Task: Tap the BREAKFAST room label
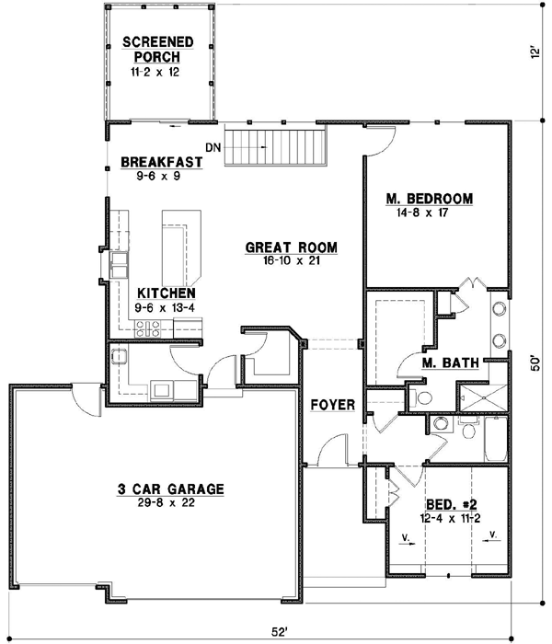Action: click(155, 163)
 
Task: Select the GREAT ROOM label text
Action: click(291, 247)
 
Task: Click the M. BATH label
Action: click(450, 362)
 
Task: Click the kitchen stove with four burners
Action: click(148, 328)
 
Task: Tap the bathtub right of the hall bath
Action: click(494, 440)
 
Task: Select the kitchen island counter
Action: click(182, 247)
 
